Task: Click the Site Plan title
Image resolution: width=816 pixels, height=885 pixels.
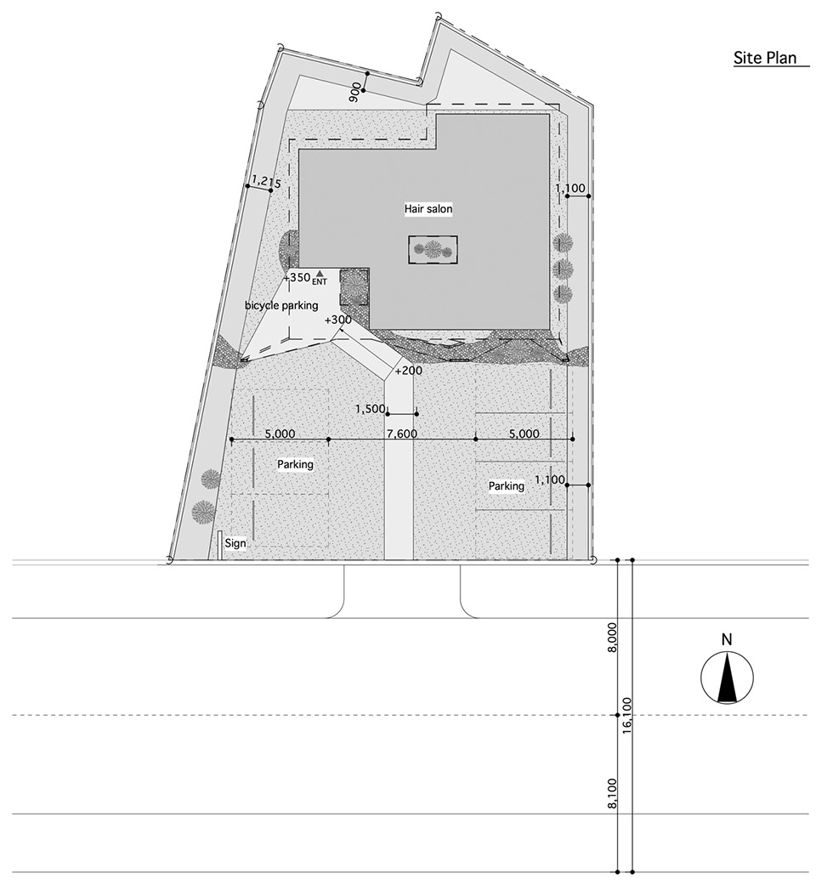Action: click(765, 58)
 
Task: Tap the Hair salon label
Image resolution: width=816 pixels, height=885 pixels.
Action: click(428, 209)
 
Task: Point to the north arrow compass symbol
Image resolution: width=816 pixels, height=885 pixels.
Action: click(726, 678)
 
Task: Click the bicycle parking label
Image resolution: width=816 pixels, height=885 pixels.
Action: click(281, 305)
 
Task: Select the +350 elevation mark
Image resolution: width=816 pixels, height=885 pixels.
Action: click(297, 277)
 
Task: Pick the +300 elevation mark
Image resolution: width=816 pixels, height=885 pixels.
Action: click(338, 320)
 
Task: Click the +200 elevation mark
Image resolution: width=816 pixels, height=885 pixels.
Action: click(409, 371)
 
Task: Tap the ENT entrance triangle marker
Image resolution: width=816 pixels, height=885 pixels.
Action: click(320, 273)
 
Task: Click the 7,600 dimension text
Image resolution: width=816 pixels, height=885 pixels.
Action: click(402, 434)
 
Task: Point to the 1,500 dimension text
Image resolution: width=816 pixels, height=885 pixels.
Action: click(370, 409)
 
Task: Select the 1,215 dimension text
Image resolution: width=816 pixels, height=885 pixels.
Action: click(266, 181)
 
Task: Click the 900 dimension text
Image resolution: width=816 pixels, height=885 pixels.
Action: click(355, 92)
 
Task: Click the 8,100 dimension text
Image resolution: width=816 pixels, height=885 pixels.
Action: click(612, 793)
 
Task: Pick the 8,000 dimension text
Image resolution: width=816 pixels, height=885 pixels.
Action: click(612, 638)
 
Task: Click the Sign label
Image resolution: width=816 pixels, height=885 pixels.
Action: click(235, 543)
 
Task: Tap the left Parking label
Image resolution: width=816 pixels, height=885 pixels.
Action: click(295, 464)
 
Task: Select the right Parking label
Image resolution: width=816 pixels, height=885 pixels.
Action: click(507, 486)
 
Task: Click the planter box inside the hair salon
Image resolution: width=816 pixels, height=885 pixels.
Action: click(433, 249)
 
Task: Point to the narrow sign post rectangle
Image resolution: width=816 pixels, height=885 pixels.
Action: click(220, 545)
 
